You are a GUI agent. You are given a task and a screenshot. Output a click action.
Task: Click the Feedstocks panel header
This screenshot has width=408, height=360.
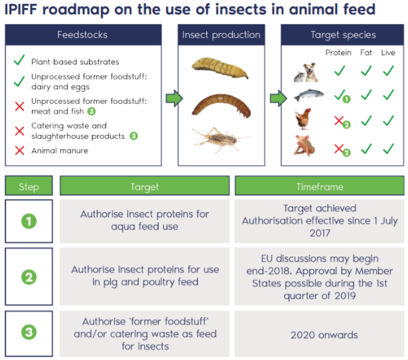(84, 35)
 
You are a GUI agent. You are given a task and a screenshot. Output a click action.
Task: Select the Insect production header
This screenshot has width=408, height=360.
(221, 35)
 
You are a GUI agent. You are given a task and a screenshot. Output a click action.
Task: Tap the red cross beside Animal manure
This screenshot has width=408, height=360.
(20, 151)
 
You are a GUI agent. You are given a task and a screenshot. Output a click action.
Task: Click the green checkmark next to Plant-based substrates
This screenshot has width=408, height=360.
(19, 60)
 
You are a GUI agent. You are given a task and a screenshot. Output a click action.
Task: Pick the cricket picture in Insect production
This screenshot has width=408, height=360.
(221, 139)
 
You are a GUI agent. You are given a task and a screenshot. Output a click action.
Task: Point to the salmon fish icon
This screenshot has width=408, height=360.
(309, 96)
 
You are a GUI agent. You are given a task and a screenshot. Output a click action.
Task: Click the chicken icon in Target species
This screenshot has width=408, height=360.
(303, 119)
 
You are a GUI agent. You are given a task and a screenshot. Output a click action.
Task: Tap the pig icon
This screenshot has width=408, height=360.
(305, 145)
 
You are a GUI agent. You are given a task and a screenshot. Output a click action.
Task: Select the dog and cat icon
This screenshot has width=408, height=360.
(306, 72)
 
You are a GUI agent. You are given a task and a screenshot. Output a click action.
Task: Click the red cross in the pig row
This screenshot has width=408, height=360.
(339, 149)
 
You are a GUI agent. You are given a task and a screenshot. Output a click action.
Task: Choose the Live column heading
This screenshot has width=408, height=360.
(388, 52)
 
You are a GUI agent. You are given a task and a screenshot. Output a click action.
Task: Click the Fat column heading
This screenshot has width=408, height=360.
(366, 52)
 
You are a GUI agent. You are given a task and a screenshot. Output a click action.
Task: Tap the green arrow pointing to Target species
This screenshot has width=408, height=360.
(279, 98)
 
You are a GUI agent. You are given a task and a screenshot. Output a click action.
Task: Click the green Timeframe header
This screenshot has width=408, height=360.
(320, 186)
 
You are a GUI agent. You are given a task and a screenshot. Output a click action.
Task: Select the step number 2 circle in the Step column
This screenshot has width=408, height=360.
(29, 277)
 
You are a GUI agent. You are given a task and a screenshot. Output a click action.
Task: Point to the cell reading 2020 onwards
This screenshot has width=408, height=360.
(320, 334)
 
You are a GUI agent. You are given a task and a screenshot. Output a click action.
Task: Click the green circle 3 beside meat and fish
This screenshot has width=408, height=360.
(92, 112)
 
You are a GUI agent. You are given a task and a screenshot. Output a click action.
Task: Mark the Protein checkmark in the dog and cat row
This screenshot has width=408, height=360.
(340, 70)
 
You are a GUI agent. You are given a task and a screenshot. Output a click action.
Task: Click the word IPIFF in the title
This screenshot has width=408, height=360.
(21, 9)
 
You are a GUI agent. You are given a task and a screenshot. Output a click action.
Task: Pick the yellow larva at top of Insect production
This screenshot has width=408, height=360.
(220, 68)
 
